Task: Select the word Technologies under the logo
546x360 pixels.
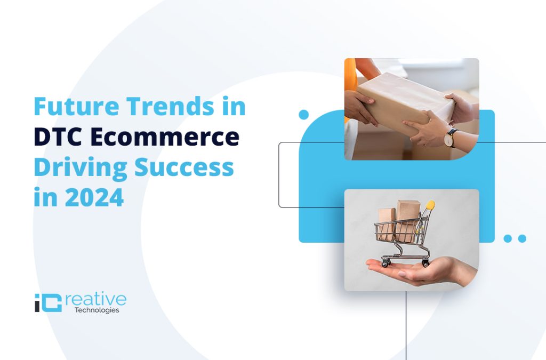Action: coord(97,310)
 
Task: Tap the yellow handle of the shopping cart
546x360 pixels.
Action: coord(430,205)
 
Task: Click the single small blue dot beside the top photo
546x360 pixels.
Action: coord(304,114)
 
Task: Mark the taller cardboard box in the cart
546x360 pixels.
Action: coord(407,219)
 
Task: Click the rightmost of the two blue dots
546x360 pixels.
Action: coord(522,238)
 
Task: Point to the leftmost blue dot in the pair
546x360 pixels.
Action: coord(508,238)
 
